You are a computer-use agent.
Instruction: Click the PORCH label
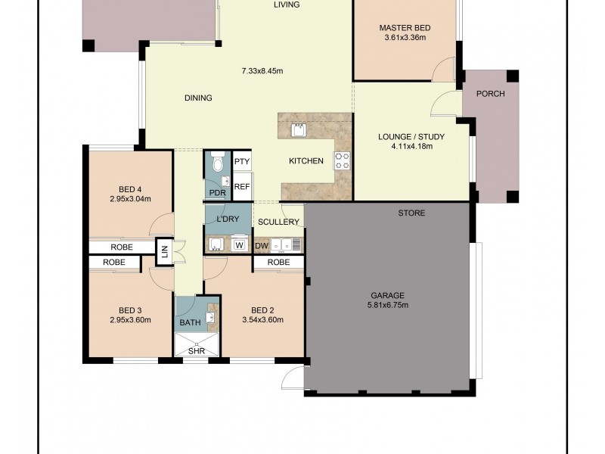pos(490,94)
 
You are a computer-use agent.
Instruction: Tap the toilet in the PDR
pos(218,161)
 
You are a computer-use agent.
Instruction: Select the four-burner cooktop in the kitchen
pos(342,161)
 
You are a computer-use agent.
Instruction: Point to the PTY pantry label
pos(242,161)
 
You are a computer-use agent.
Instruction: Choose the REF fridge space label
pos(242,187)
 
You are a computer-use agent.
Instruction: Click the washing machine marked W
pos(240,245)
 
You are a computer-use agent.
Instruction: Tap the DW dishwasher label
pos(262,246)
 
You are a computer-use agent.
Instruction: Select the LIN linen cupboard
pos(165,252)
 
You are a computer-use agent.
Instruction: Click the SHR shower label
pos(197,351)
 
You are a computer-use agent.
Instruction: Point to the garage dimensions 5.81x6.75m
pos(387,306)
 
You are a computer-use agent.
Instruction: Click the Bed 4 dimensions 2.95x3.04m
pos(130,199)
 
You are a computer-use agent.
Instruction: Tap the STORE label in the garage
pos(411,213)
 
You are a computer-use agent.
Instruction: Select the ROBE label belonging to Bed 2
pos(278,263)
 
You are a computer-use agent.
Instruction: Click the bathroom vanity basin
pos(211,317)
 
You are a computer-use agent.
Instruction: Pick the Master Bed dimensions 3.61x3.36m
pos(405,38)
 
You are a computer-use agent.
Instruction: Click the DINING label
pos(198,98)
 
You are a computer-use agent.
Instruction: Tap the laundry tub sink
pos(216,244)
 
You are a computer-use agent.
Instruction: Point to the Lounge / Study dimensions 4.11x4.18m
pos(411,147)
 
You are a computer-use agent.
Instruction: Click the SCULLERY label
pos(278,222)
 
